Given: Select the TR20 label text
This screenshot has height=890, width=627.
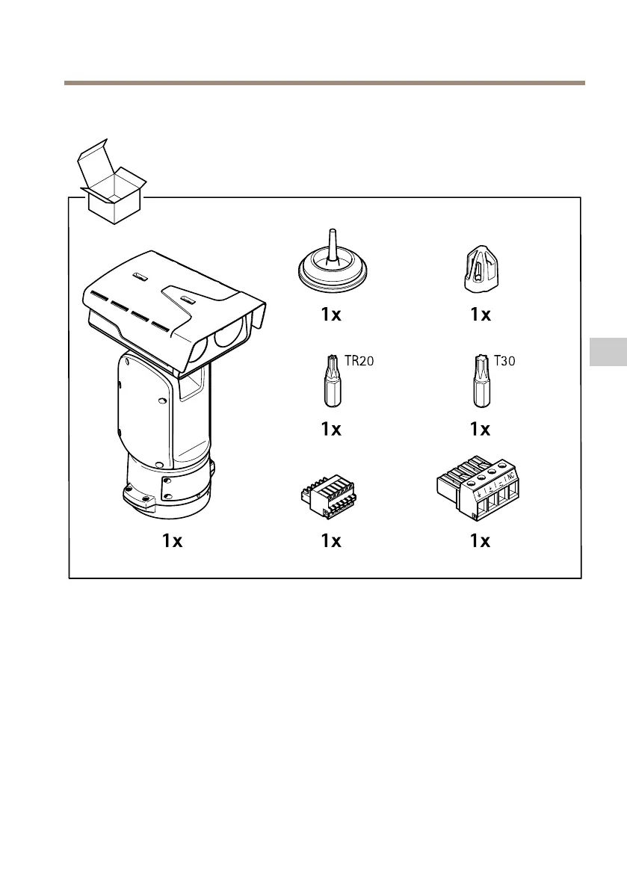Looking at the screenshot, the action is (x=359, y=362).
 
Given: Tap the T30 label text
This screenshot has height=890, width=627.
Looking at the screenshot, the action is (x=506, y=361).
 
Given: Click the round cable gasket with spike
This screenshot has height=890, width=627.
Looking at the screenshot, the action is (x=331, y=266).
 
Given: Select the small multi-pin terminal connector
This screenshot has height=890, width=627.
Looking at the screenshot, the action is (x=330, y=495).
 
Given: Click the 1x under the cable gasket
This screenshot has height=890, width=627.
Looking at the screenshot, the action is (x=331, y=315).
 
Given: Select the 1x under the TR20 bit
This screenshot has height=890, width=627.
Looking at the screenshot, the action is (x=331, y=429).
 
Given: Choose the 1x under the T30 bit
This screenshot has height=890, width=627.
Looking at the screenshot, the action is (x=480, y=429).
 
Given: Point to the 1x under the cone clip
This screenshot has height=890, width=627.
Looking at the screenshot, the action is (x=480, y=315).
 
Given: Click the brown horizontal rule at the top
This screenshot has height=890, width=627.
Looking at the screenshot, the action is (x=324, y=83).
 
